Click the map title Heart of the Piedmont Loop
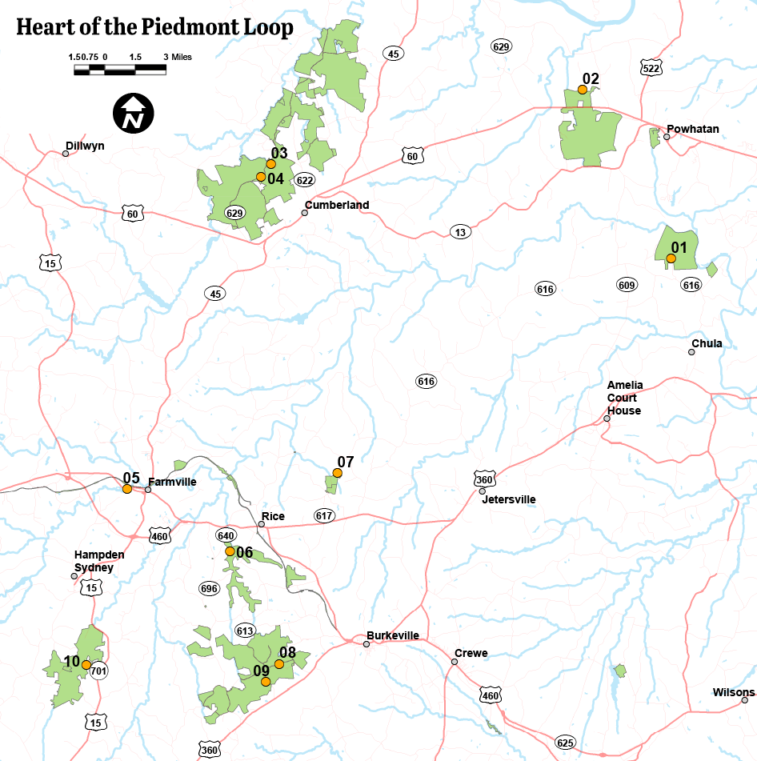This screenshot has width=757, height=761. click(x=154, y=27)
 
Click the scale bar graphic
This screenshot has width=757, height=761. click(x=120, y=70)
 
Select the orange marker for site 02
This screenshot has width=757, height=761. click(x=583, y=90)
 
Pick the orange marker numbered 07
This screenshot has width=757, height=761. click(x=338, y=473)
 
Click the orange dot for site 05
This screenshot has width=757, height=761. click(x=127, y=489)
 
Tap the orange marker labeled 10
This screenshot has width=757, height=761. click(x=86, y=664)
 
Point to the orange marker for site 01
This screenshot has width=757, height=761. click(x=671, y=258)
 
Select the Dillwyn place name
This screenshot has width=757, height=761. click(x=86, y=146)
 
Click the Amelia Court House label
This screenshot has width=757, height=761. click(x=624, y=398)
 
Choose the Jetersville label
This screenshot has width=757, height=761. click(x=508, y=499)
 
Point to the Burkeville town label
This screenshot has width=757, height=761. click(x=393, y=635)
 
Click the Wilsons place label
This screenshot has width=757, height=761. click(x=734, y=692)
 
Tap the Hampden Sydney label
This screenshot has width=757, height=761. click(x=94, y=561)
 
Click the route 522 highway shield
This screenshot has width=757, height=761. click(x=651, y=68)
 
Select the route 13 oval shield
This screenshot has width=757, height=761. click(x=459, y=232)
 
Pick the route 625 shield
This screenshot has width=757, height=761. click(x=565, y=743)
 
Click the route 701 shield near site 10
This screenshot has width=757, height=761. click(x=98, y=671)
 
